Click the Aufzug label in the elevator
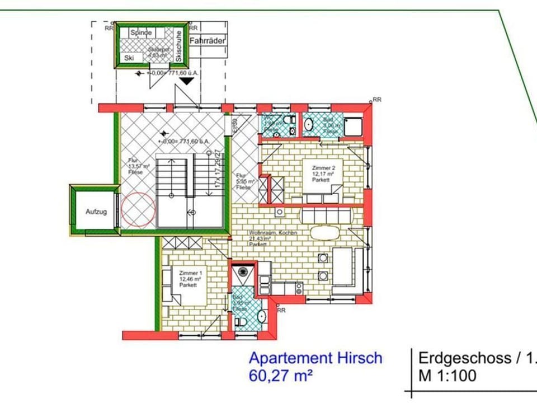point(95,212)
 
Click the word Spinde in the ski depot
point(141,32)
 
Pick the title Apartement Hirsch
point(315,358)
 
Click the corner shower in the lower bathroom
point(243,274)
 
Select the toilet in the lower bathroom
point(241,322)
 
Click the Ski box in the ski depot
point(130,58)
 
